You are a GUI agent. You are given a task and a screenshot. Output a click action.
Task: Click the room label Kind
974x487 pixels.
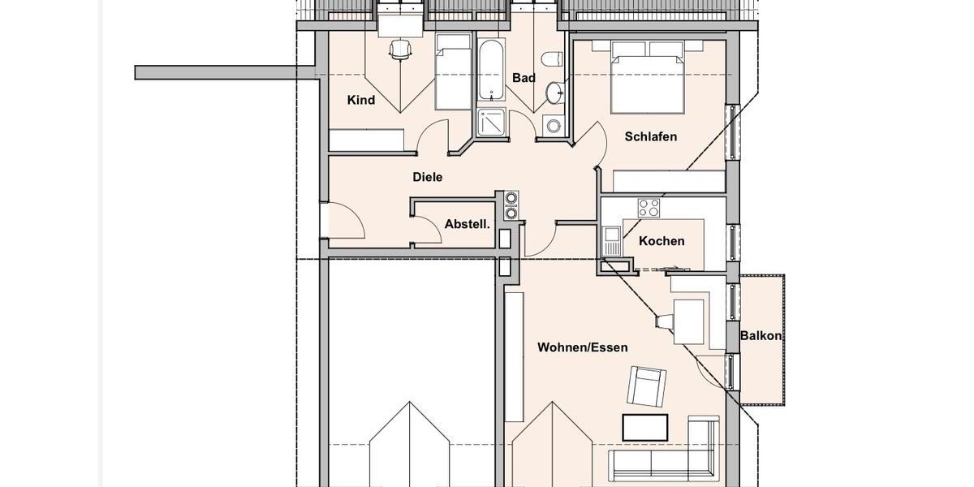(361, 101)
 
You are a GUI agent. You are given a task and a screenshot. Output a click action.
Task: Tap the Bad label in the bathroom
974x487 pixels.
(524, 78)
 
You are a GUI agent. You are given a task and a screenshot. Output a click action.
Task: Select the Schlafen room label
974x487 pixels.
(650, 136)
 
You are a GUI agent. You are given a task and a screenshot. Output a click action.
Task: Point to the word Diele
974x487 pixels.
(428, 177)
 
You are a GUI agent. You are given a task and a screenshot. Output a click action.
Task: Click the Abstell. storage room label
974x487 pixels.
(467, 224)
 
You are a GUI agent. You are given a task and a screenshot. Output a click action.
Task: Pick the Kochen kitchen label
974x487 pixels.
(662, 241)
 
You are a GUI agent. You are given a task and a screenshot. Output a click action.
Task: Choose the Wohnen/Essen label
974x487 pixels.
(582, 347)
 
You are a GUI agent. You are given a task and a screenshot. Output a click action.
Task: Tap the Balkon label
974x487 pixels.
(761, 335)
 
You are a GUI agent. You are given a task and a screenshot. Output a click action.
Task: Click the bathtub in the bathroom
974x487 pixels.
(491, 71)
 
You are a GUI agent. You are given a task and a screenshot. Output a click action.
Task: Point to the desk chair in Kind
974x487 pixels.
(399, 50)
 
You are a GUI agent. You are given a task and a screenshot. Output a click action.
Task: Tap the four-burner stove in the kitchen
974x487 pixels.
(649, 208)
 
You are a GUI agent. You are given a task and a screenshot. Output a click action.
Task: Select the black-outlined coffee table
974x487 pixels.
(644, 427)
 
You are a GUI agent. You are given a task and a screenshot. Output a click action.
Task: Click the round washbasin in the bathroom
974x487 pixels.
(555, 93)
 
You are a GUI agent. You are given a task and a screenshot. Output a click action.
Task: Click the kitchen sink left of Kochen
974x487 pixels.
(611, 240)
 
